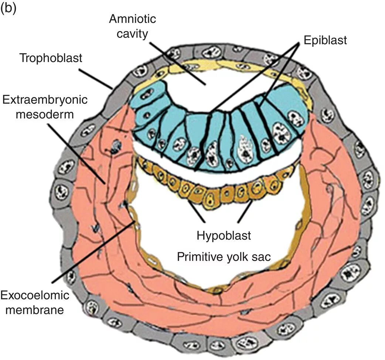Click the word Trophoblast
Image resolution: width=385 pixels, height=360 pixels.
coord(51,58)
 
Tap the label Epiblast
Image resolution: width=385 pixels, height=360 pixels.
coord(325,40)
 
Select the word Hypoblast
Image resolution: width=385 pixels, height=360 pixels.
coord(224,235)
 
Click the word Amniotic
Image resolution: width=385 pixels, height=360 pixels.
coord(132,19)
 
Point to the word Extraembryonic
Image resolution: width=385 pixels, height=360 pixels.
coord(45,100)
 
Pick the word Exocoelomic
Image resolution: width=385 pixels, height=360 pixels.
coord(35,295)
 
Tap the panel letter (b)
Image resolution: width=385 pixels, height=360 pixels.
coord(8,8)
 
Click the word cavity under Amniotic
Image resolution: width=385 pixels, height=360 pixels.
coord(133,34)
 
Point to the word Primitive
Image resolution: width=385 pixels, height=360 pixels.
coord(200,257)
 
